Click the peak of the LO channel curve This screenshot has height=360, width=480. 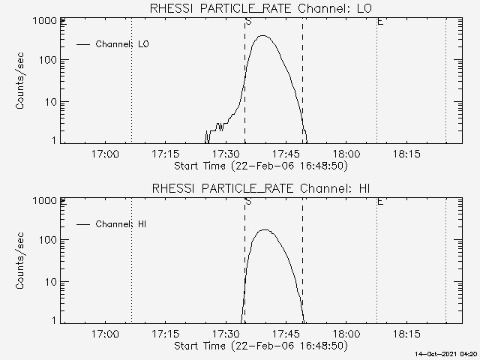(x=264, y=35)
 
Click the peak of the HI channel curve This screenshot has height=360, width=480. (x=264, y=230)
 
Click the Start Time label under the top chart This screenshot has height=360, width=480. (x=259, y=165)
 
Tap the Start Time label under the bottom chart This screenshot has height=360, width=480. (x=259, y=346)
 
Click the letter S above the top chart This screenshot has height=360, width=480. (x=247, y=22)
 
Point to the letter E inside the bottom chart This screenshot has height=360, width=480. (x=380, y=202)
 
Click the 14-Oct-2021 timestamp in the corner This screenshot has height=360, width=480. (x=448, y=353)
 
